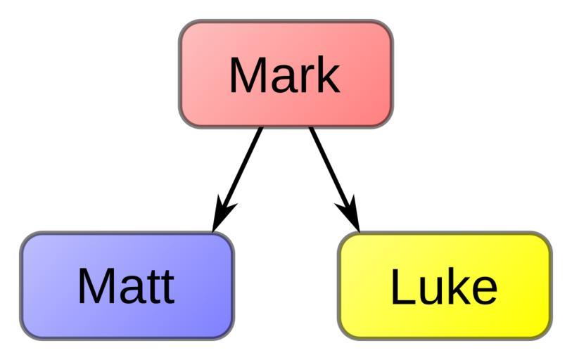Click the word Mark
click(x=284, y=75)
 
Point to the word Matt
click(x=126, y=285)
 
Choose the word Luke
click(x=443, y=287)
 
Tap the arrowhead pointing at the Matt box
click(x=223, y=215)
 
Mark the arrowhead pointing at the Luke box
click(x=350, y=214)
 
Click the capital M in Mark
click(x=246, y=75)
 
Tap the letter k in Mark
click(x=328, y=75)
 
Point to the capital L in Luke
click(x=402, y=287)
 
